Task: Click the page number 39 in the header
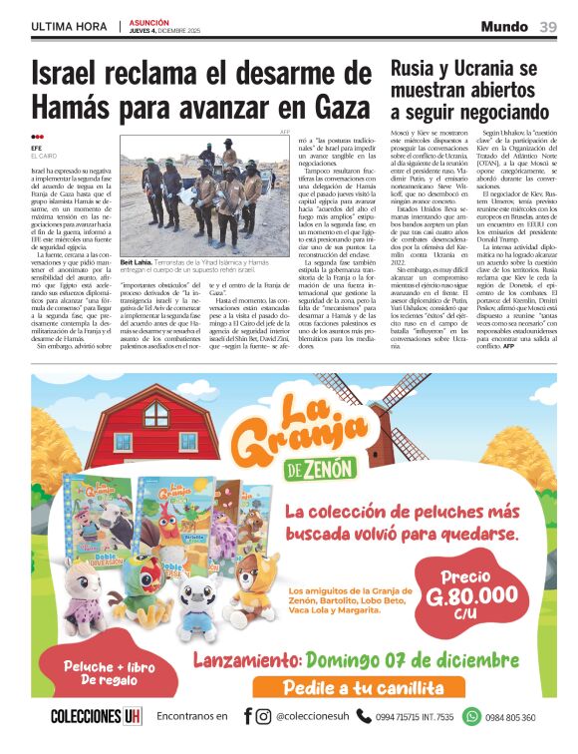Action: coord(548,27)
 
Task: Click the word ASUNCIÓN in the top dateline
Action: coord(148,23)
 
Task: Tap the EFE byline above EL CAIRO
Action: coord(37,149)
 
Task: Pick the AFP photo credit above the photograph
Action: coord(284,132)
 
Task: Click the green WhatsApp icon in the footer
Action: coord(471,716)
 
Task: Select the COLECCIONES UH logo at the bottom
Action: coord(97,716)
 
